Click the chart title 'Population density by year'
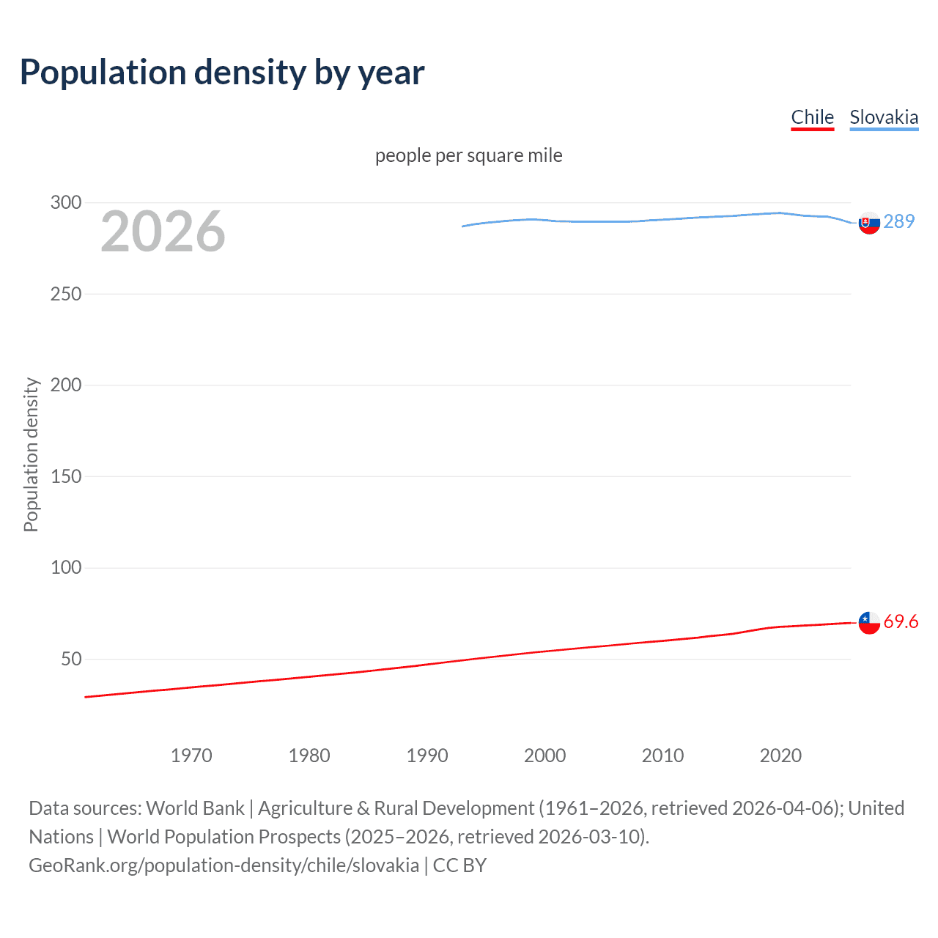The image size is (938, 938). [x=222, y=72]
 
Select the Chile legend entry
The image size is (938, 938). [x=812, y=117]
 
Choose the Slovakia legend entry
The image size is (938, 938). [x=883, y=117]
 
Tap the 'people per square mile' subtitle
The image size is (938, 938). [x=468, y=155]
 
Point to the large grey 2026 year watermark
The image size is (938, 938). [x=163, y=232]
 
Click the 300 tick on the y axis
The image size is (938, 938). [x=66, y=202]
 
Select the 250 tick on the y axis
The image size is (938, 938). [x=66, y=294]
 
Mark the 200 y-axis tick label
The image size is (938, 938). [x=66, y=385]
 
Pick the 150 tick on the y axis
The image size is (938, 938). [x=66, y=476]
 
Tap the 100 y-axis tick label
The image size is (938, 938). [x=66, y=567]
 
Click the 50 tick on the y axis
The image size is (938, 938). [x=71, y=659]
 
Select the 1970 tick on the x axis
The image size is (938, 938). [x=191, y=756]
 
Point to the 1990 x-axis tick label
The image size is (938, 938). [x=427, y=756]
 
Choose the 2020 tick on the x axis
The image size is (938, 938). [x=780, y=756]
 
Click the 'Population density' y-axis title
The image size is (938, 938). [x=31, y=454]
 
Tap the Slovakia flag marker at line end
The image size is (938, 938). [x=869, y=223]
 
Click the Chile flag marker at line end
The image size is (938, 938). [x=869, y=623]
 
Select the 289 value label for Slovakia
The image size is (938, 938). [x=899, y=221]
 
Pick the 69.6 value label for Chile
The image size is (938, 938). [x=901, y=621]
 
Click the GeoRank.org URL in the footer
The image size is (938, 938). [x=224, y=865]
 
